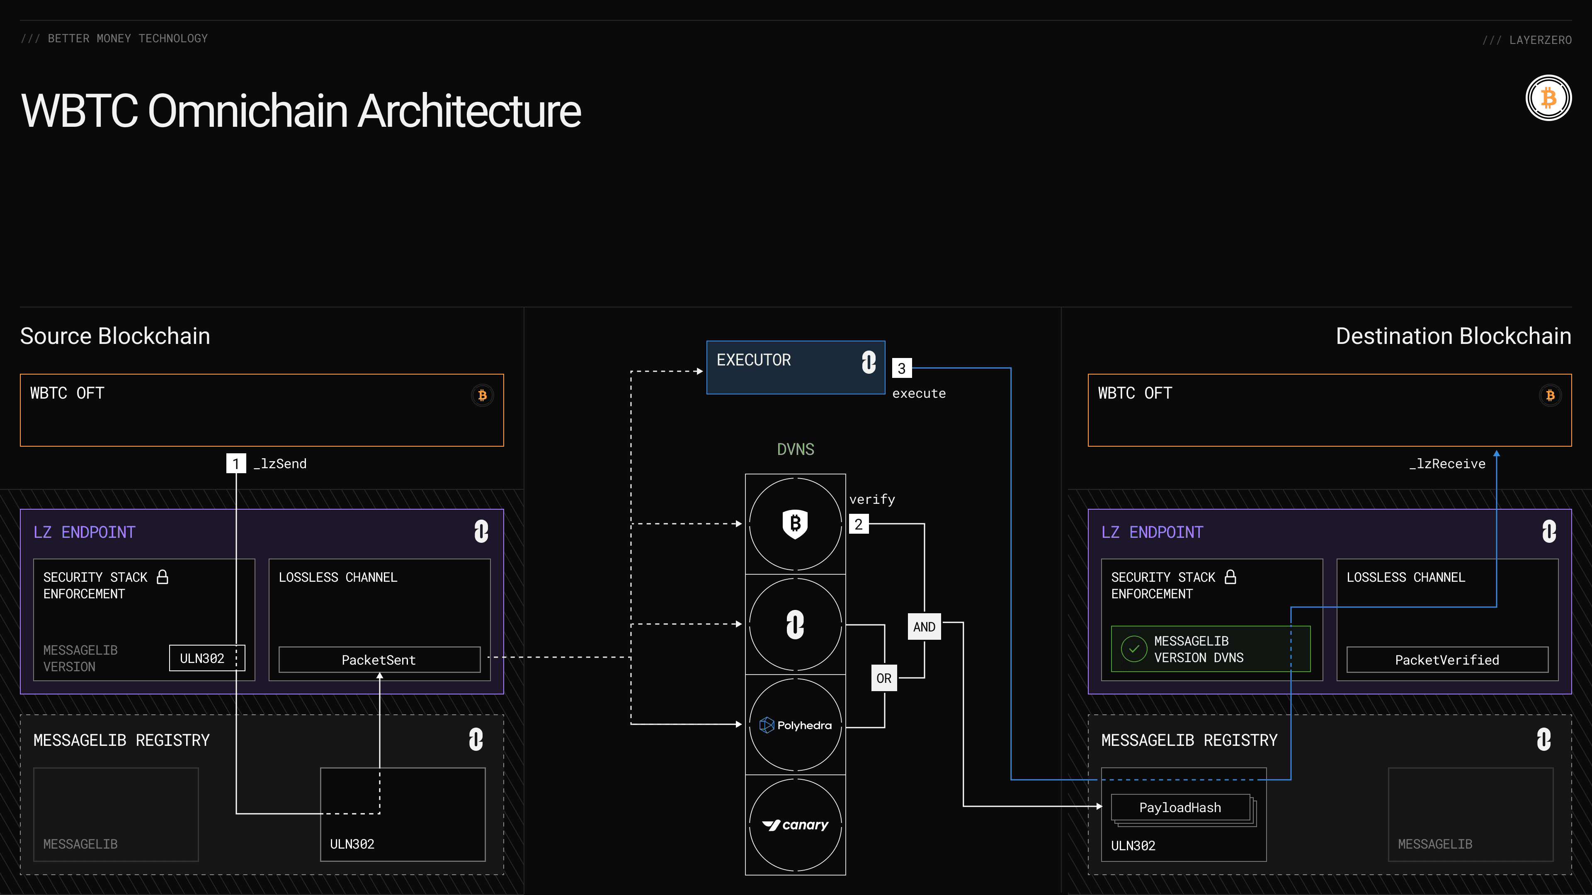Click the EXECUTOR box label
pyautogui.click(x=753, y=360)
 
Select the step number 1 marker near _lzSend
pyautogui.click(x=235, y=463)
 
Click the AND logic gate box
pyautogui.click(x=924, y=627)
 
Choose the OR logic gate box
pyautogui.click(x=884, y=678)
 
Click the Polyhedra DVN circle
pyautogui.click(x=796, y=725)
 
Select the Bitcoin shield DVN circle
pyautogui.click(x=796, y=524)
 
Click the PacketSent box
pyautogui.click(x=379, y=660)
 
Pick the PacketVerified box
pyautogui.click(x=1447, y=660)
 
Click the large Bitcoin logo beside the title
pyautogui.click(x=1548, y=98)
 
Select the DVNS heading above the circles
pyautogui.click(x=796, y=449)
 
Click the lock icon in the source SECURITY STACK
pyautogui.click(x=163, y=577)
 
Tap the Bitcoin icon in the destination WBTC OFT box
pyautogui.click(x=1550, y=395)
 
